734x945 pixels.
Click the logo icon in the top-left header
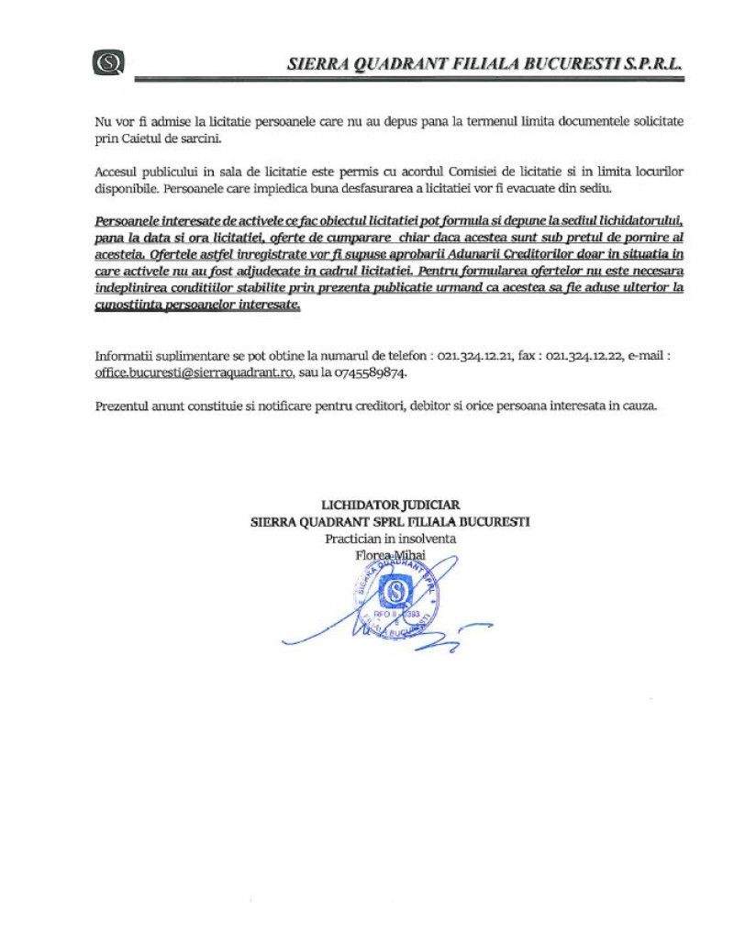click(108, 62)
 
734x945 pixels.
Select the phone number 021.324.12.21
click(476, 356)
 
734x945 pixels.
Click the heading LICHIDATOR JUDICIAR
click(390, 505)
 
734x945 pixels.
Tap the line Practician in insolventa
click(390, 539)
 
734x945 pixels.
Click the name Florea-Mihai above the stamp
click(390, 555)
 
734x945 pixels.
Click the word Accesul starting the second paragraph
click(118, 172)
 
